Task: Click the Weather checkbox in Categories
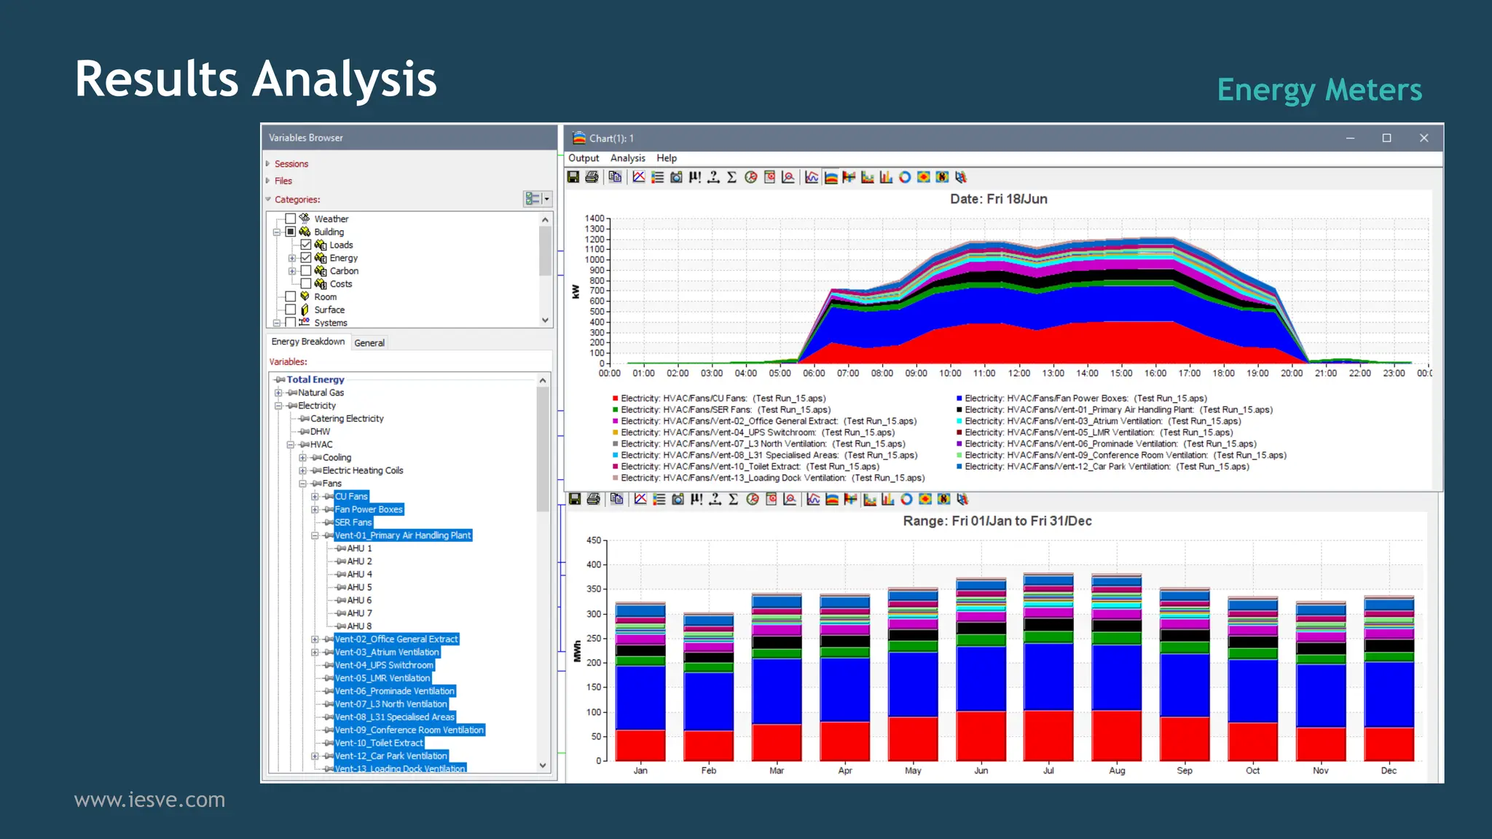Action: (291, 218)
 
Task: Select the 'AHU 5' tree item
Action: (359, 587)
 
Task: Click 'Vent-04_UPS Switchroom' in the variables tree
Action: (384, 665)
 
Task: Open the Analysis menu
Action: (627, 158)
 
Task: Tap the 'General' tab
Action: (369, 343)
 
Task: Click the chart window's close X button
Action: (1424, 138)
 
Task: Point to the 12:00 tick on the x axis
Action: (1018, 373)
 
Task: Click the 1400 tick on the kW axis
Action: (594, 218)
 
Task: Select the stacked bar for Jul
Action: (1048, 667)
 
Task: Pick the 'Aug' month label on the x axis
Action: (1117, 771)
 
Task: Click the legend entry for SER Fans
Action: (725, 410)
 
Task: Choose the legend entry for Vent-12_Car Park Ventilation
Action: (1106, 467)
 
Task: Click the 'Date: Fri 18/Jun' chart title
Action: (998, 199)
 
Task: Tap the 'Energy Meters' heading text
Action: (1319, 90)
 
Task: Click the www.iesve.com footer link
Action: (149, 800)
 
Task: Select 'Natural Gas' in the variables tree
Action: (321, 393)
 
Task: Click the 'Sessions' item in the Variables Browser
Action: (291, 164)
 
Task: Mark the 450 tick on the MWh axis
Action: (594, 540)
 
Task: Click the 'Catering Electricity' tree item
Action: (347, 419)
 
